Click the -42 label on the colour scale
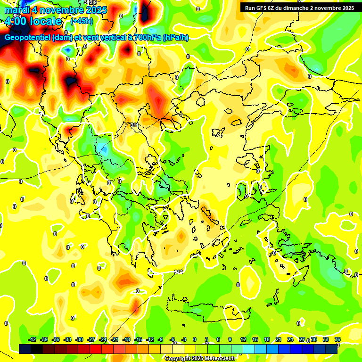(33, 339)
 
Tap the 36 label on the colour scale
(337, 339)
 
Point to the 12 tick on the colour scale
(243, 339)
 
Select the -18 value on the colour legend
(126, 339)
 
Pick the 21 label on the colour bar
(278, 339)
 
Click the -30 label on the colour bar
(80, 339)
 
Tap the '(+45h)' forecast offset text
(82, 21)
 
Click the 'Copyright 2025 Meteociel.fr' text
(200, 359)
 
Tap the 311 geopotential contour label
(134, 125)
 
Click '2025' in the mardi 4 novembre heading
(95, 10)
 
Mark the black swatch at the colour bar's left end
(25, 349)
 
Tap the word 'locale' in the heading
(47, 21)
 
